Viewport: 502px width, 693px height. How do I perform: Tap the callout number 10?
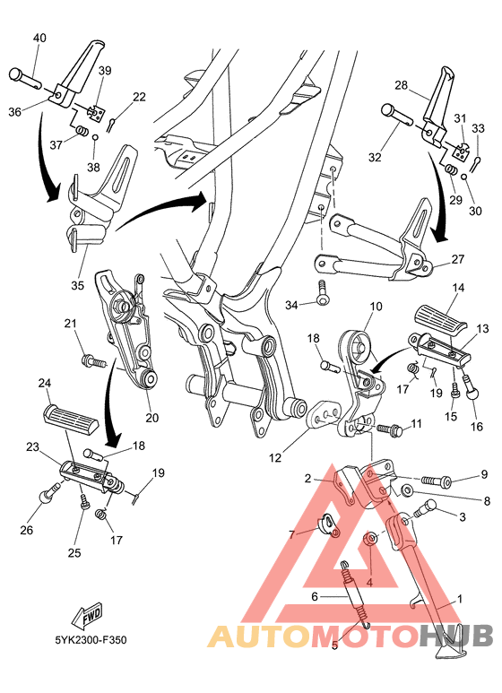pyautogui.click(x=374, y=307)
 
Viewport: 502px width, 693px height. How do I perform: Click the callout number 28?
pyautogui.click(x=401, y=86)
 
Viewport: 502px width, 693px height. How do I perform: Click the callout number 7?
pyautogui.click(x=291, y=534)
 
